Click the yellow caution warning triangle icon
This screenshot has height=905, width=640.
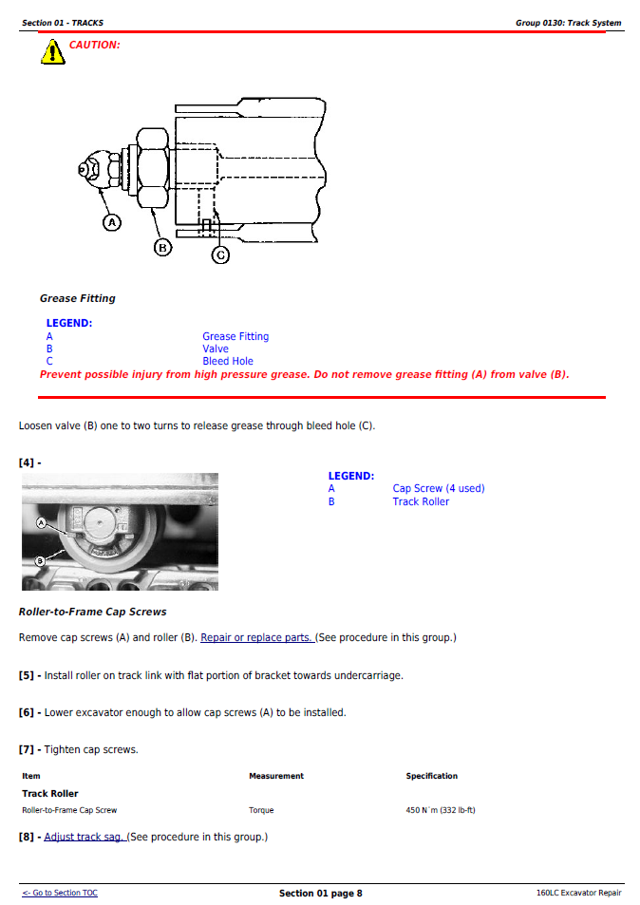pos(52,52)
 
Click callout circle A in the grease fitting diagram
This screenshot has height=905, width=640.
pos(112,222)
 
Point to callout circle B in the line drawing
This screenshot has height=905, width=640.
pos(162,247)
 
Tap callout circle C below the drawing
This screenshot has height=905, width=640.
pos(220,255)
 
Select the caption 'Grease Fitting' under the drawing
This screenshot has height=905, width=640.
pos(77,298)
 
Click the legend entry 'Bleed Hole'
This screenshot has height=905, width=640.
pos(228,361)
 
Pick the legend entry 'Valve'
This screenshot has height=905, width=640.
pos(216,349)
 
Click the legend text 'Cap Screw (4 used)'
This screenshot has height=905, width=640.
pos(438,488)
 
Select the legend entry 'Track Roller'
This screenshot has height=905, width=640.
pos(421,501)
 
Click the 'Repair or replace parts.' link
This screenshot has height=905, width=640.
pos(257,637)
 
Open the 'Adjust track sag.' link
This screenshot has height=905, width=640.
pos(85,837)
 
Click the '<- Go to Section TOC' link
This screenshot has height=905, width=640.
pos(60,893)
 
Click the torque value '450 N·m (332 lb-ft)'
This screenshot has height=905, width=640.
pos(441,810)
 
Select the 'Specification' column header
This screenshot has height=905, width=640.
pos(431,776)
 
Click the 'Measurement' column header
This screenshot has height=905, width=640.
pos(275,776)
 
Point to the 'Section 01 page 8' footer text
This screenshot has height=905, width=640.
pos(320,893)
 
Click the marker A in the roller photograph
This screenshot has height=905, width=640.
pos(42,522)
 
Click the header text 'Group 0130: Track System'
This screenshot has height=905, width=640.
pos(568,23)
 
